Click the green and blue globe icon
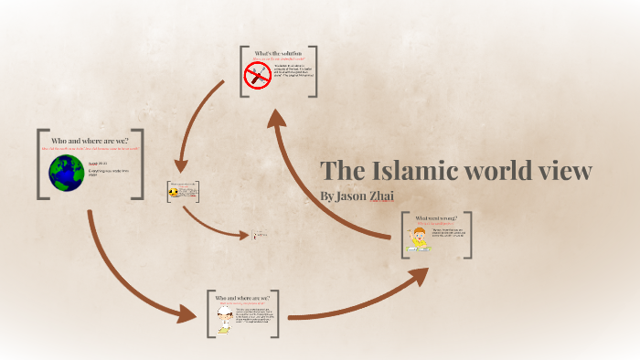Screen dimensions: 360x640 (x=67, y=171)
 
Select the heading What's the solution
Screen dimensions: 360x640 (x=278, y=53)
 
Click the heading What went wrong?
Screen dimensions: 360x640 (x=435, y=219)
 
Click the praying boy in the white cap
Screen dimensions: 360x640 (x=225, y=319)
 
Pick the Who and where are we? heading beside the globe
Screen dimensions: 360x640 (x=91, y=141)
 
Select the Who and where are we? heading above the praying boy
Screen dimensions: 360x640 (x=242, y=298)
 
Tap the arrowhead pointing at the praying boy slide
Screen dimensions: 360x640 (x=189, y=315)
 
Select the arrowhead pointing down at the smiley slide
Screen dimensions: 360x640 (x=180, y=167)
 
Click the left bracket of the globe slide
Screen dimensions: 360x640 (x=40, y=164)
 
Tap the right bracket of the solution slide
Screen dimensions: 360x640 (x=313, y=71)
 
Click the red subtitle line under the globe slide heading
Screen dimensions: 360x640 (x=91, y=149)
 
